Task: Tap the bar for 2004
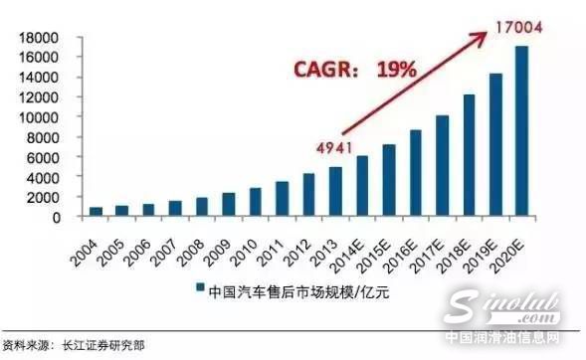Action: point(96,212)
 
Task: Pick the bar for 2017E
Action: point(443,166)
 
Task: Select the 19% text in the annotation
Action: point(394,72)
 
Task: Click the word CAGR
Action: point(320,72)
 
